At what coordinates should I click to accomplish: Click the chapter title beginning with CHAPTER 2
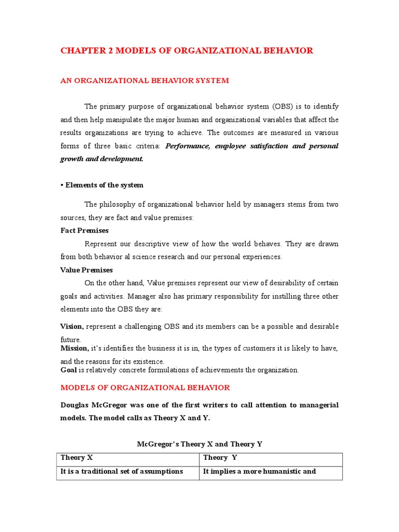point(187,50)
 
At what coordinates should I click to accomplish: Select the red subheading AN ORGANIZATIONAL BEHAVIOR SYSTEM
point(144,81)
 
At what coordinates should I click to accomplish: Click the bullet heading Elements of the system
point(102,185)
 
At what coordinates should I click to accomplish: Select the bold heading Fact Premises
point(85,230)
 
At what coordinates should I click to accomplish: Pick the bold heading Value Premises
point(86,270)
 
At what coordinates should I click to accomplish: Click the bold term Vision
point(72,326)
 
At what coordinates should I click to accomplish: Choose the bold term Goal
point(69,370)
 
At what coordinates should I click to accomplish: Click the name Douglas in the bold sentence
point(77,405)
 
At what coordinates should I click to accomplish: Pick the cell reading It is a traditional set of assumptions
point(122,471)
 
